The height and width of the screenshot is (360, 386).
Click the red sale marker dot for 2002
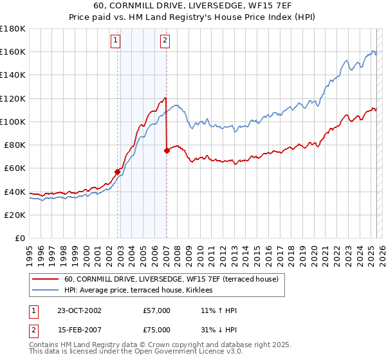point(118,172)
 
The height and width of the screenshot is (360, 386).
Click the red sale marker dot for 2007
point(167,150)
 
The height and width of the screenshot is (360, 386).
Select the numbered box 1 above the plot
point(115,40)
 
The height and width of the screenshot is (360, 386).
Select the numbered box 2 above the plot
point(165,40)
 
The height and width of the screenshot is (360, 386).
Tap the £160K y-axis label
point(13,51)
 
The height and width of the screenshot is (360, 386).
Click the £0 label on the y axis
point(20,238)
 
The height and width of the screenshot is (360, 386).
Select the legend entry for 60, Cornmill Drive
point(171,279)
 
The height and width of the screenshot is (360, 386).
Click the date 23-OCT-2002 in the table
point(79,310)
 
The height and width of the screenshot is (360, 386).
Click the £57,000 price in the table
point(157,310)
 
